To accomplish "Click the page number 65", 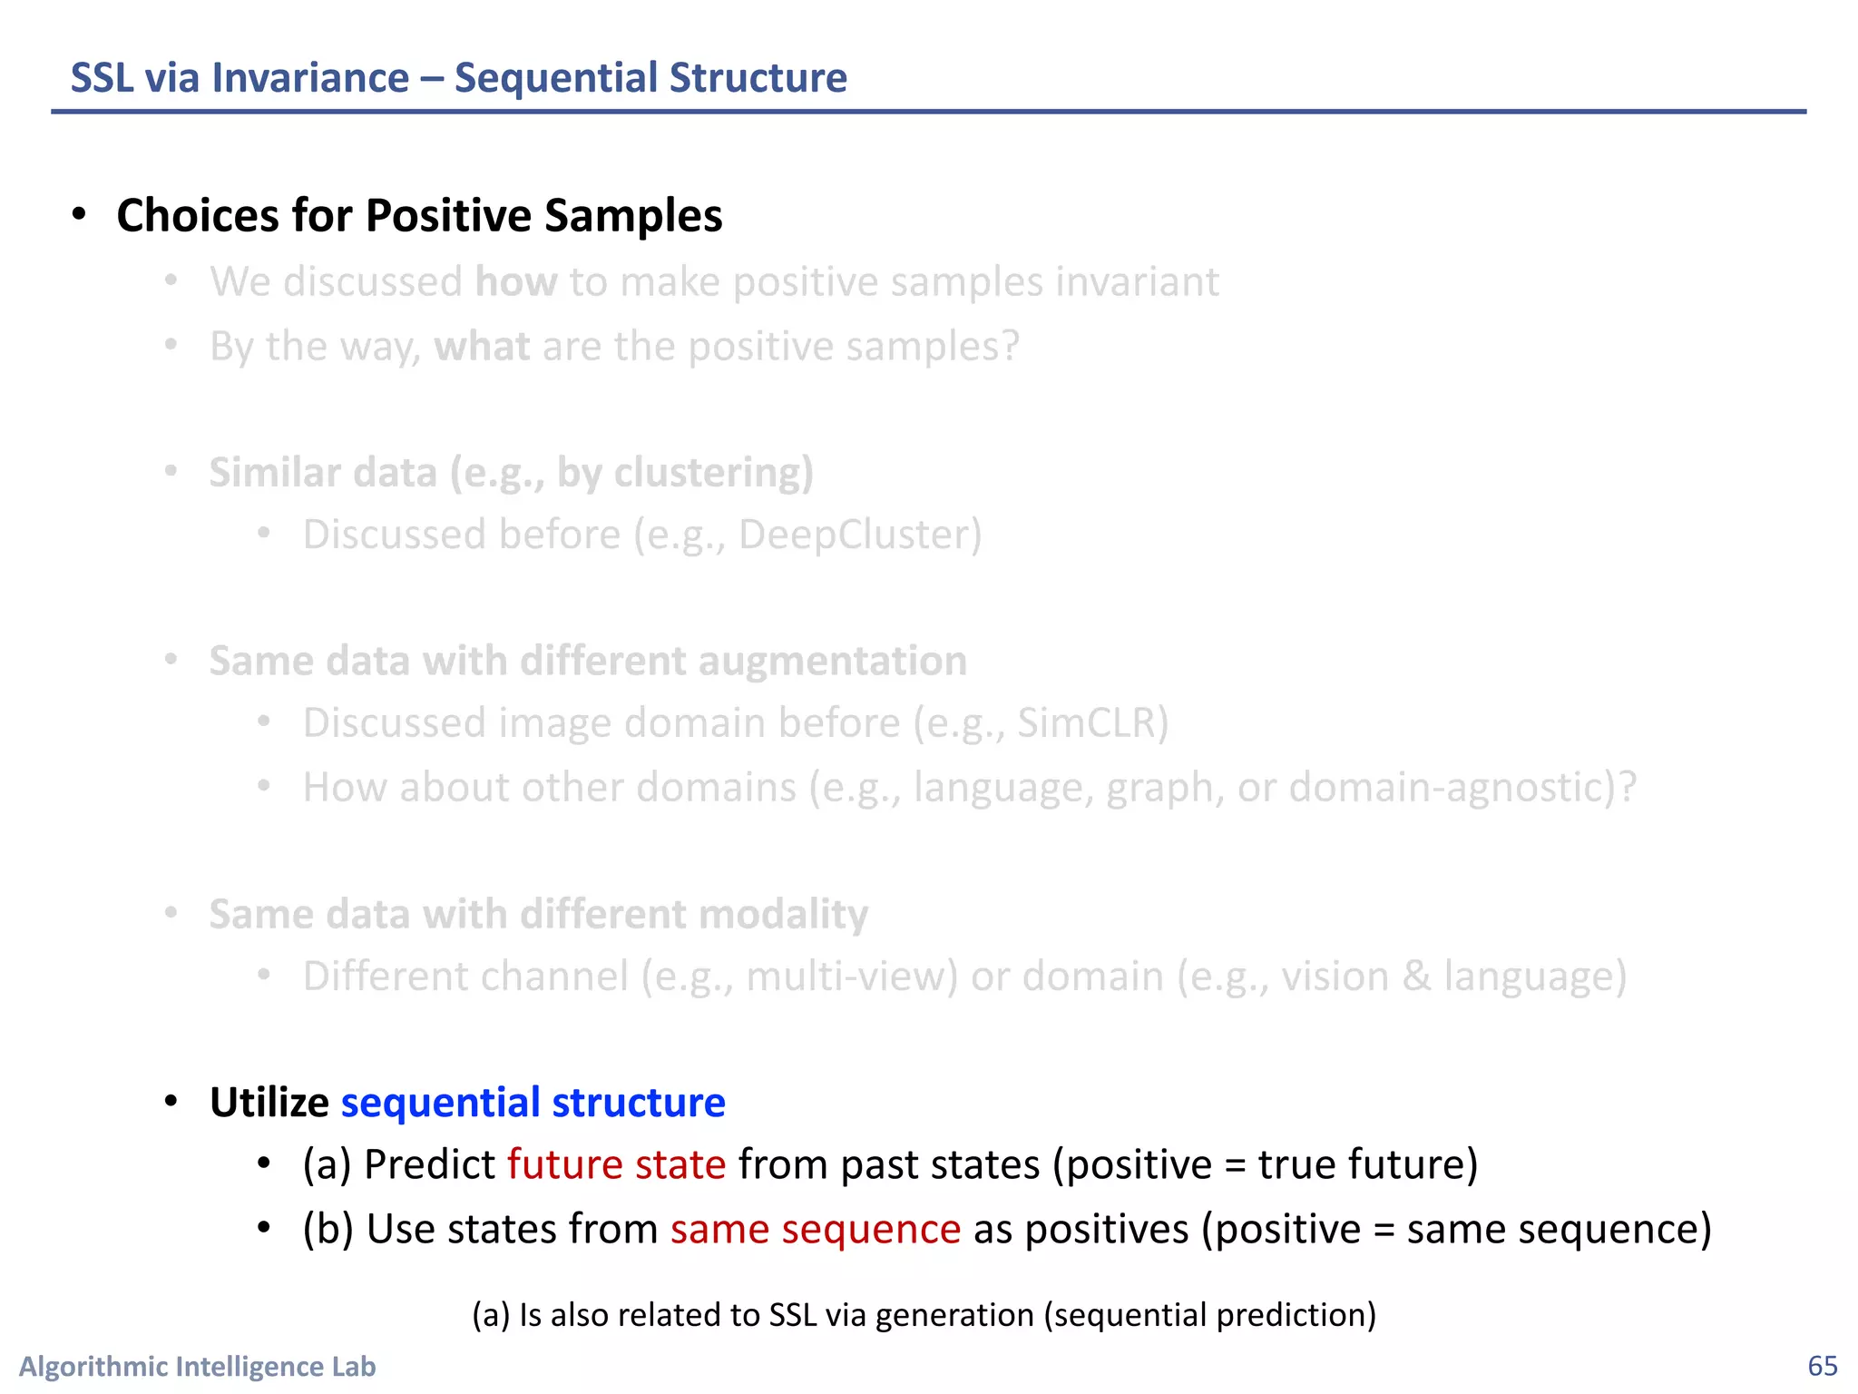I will (1822, 1366).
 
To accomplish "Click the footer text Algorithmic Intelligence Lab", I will (197, 1366).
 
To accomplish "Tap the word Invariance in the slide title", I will (310, 78).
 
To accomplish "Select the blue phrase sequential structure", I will (533, 1103).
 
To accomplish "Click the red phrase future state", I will (616, 1164).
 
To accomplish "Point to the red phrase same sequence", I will (816, 1229).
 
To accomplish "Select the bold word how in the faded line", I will (516, 282).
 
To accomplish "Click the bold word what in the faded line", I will (482, 347).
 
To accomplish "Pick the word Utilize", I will (269, 1103).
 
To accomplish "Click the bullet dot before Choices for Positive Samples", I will (80, 215).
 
